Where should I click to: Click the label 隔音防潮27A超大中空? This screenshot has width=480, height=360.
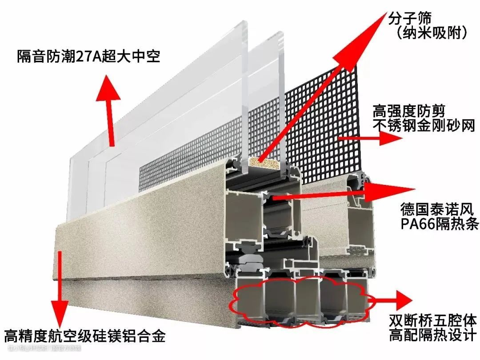click(x=88, y=56)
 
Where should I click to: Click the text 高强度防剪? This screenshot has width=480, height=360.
click(x=409, y=111)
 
